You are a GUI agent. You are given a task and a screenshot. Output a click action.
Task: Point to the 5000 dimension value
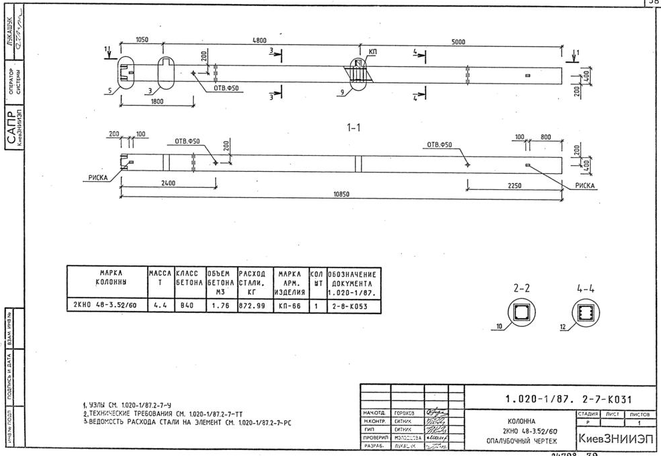pyautogui.click(x=458, y=42)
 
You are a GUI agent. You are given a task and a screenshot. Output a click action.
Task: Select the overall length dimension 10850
pyautogui.click(x=341, y=195)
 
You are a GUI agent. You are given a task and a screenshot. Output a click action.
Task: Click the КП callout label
pyautogui.click(x=372, y=51)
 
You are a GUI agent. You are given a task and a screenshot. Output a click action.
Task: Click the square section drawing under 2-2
pyautogui.click(x=521, y=312)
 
